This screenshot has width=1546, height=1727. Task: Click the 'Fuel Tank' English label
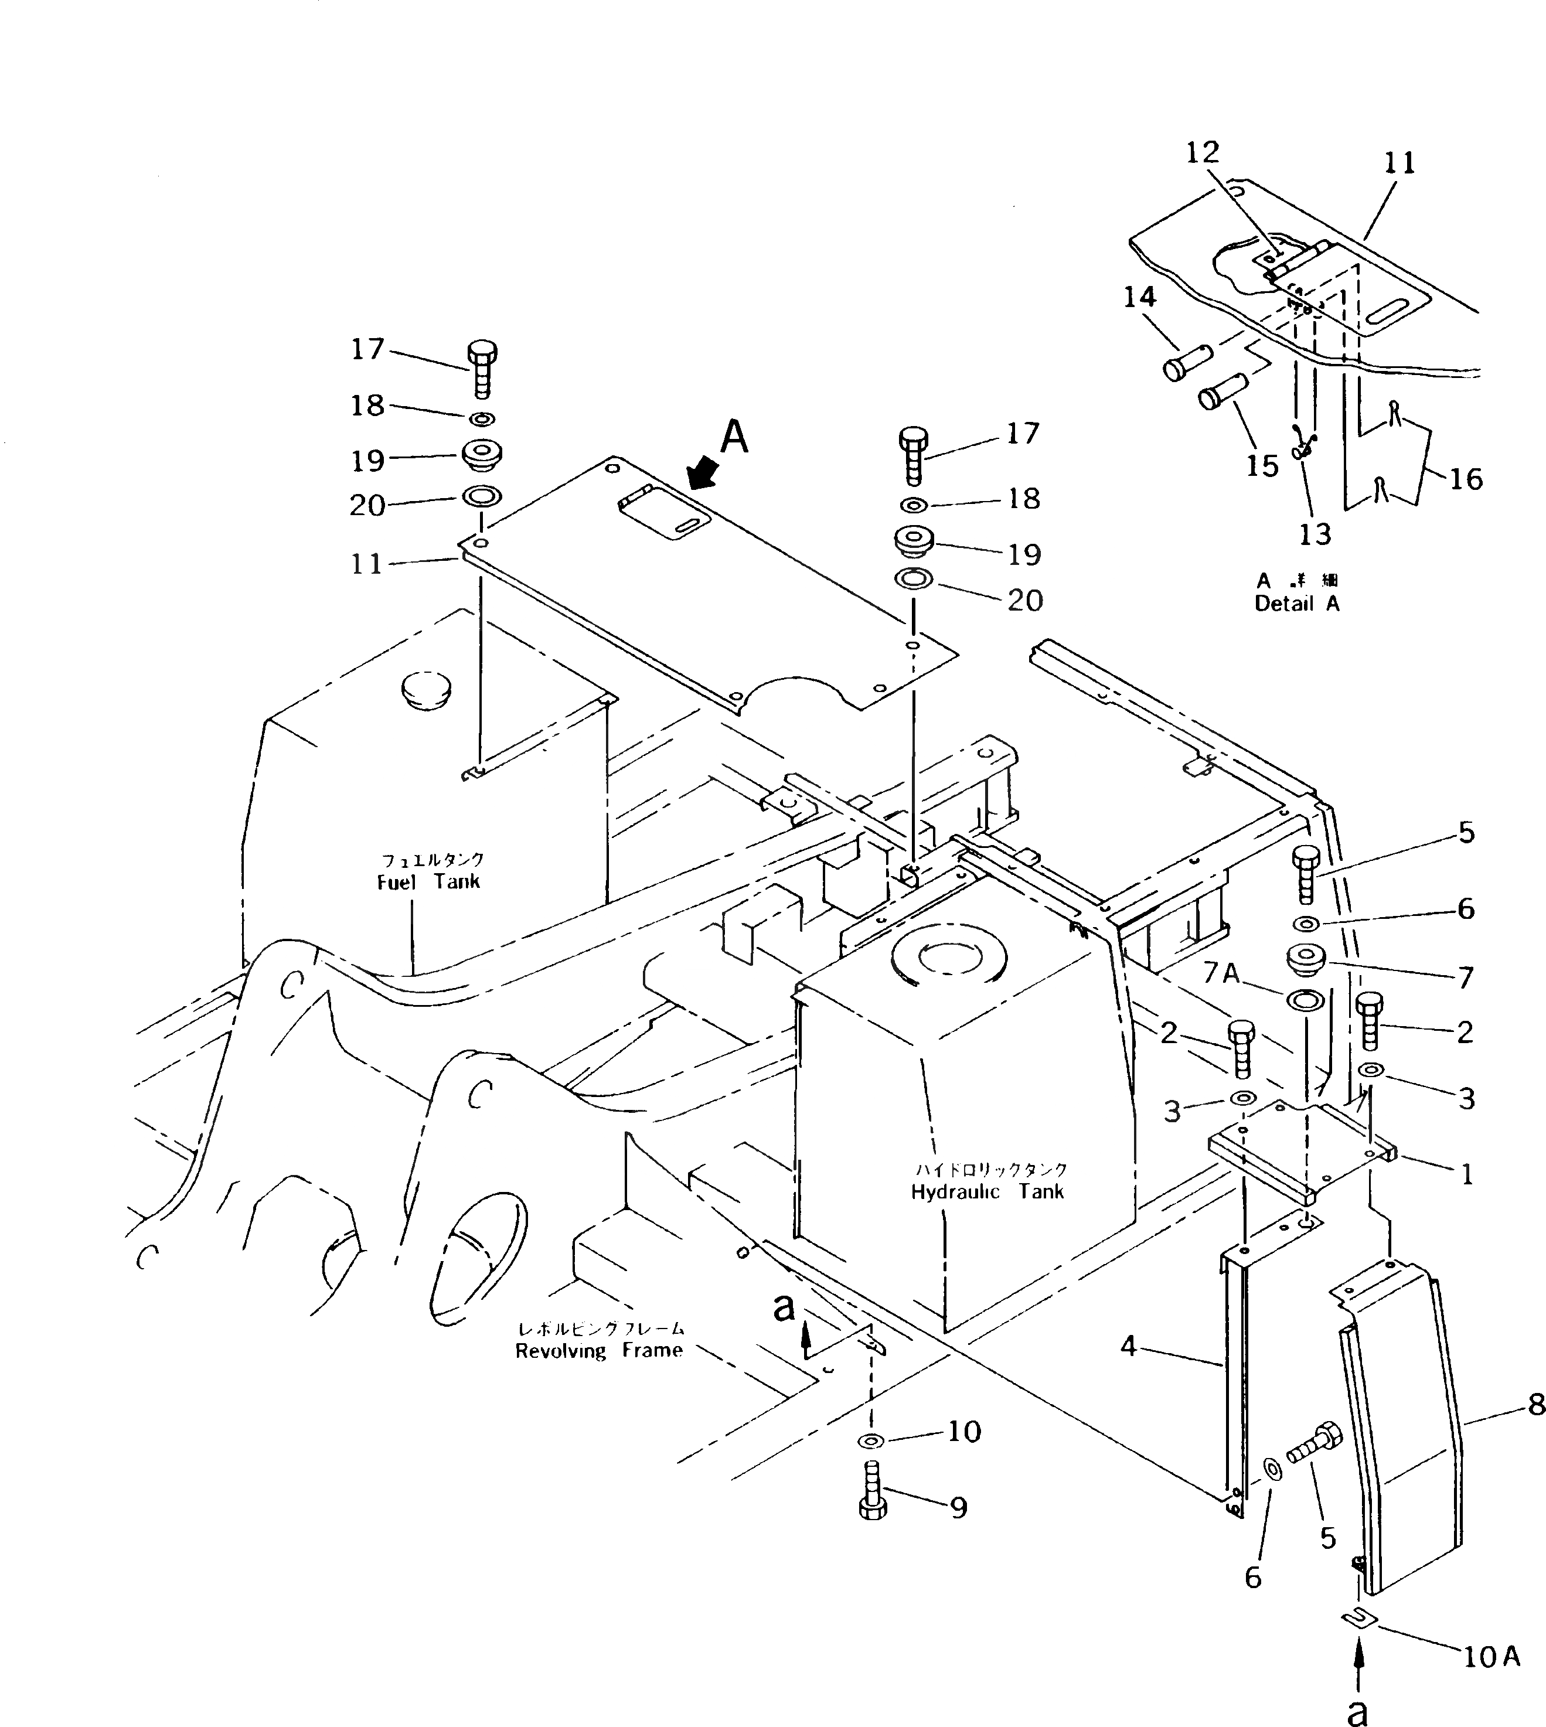pyautogui.click(x=428, y=882)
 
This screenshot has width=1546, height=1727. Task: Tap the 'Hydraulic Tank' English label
pyautogui.click(x=987, y=1192)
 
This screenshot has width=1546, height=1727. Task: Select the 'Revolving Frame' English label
pyautogui.click(x=599, y=1351)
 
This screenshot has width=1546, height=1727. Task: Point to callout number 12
pyautogui.click(x=1203, y=153)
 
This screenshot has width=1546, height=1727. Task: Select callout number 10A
pyautogui.click(x=1491, y=1657)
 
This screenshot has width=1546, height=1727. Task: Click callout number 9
pyautogui.click(x=958, y=1508)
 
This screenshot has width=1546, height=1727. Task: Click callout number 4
pyautogui.click(x=1128, y=1347)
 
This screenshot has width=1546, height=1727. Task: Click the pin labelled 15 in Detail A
pyautogui.click(x=1221, y=393)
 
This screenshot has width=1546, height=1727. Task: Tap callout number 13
pyautogui.click(x=1315, y=534)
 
